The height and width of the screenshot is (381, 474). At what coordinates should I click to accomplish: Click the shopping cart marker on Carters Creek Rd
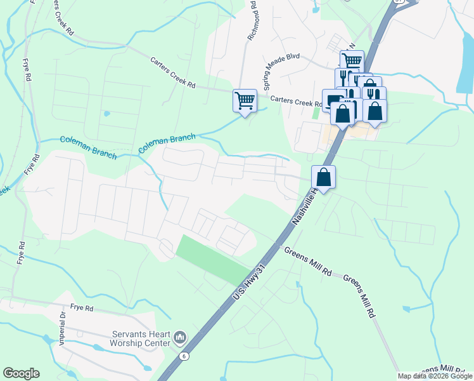tap(245, 100)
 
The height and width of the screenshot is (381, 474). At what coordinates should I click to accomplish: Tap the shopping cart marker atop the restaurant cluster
tap(352, 61)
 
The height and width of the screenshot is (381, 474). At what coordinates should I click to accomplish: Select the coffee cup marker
tap(333, 100)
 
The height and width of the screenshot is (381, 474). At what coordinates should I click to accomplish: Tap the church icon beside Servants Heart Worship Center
tap(179, 335)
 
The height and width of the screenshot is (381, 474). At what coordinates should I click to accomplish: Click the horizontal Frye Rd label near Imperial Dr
tap(82, 307)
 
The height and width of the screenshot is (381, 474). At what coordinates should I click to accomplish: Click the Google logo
tap(21, 373)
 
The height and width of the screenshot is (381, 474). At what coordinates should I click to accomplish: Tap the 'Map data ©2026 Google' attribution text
tap(435, 376)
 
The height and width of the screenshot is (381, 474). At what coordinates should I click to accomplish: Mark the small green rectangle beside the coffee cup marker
tap(316, 113)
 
